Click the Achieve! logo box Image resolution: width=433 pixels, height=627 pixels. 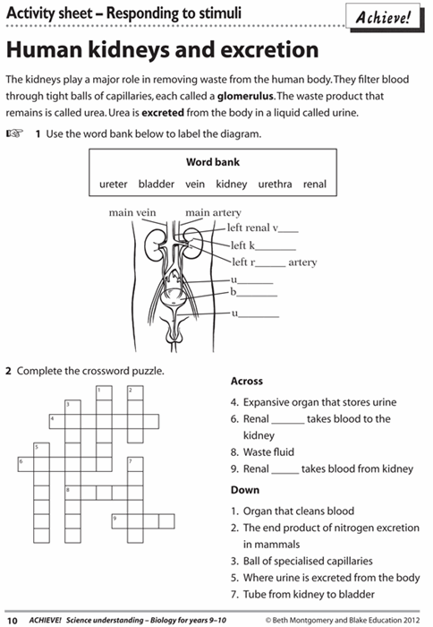(384, 17)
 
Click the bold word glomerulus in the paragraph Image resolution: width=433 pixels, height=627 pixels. (245, 96)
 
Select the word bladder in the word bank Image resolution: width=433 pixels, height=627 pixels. (157, 184)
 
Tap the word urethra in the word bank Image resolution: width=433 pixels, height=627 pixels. (275, 184)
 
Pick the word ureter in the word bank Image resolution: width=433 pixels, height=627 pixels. (113, 185)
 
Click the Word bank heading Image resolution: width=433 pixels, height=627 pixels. (213, 162)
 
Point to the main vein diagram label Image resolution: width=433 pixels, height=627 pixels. (132, 213)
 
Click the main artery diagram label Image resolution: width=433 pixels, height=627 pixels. (213, 213)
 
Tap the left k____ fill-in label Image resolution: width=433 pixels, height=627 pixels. (263, 245)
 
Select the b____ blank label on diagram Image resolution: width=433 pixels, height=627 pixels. (254, 292)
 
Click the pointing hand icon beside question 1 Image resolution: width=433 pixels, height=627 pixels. (15, 133)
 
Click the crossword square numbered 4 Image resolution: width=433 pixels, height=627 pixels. (57, 422)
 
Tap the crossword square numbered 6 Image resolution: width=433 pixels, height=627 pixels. (26, 464)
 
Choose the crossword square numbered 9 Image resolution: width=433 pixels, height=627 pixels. (120, 521)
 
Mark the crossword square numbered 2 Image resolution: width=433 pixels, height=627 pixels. (135, 392)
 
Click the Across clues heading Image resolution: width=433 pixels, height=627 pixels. (246, 381)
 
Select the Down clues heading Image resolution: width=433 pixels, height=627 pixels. (245, 490)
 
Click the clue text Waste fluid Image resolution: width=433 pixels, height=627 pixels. (268, 452)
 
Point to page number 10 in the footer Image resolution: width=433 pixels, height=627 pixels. (13, 620)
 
